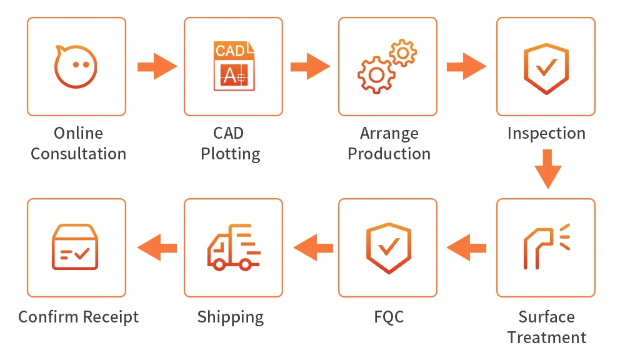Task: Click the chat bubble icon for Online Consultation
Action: point(76,66)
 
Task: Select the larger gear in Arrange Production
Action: point(376,75)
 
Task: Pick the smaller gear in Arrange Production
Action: point(402,52)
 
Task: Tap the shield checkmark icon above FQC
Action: point(387,247)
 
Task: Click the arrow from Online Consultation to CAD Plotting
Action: point(156,66)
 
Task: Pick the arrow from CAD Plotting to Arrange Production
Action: point(310,66)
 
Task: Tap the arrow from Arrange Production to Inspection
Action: point(466,66)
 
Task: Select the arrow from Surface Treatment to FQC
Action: point(466,247)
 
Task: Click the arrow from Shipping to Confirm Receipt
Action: point(157,248)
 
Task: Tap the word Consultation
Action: point(78,154)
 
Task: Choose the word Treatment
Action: point(546,337)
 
